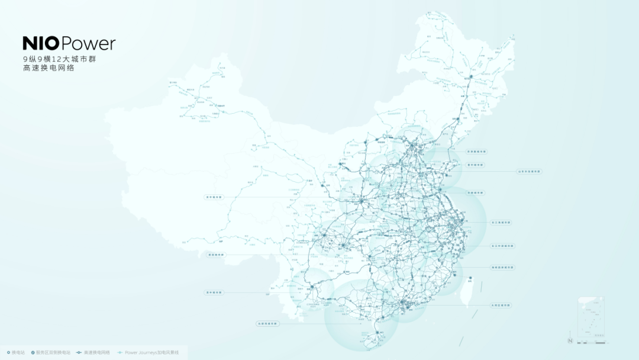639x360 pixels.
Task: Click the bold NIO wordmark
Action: tap(41, 43)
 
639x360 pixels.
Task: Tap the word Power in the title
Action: tap(88, 43)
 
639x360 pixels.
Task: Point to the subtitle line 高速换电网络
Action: tap(47, 68)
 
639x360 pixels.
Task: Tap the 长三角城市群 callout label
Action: tap(501, 223)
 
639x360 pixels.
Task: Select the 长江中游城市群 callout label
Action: tap(503, 246)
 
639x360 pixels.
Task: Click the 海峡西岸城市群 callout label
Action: tap(503, 267)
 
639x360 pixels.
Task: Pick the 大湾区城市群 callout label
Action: tap(501, 305)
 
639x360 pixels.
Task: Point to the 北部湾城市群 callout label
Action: tap(267, 323)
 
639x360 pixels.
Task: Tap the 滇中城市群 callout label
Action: tap(215, 292)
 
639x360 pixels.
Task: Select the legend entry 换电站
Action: tap(16, 352)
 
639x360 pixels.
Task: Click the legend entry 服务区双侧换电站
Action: tap(52, 352)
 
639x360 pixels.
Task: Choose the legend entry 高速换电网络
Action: tap(94, 352)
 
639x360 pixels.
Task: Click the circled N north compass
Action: tap(570, 340)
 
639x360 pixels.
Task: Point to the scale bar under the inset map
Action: tap(592, 342)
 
